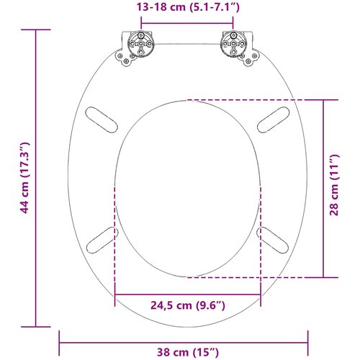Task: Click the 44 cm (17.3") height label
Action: pyautogui.click(x=24, y=178)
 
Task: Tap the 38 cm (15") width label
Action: pyautogui.click(x=188, y=352)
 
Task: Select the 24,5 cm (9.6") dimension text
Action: pyautogui.click(x=188, y=305)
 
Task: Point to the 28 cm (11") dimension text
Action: pyautogui.click(x=334, y=185)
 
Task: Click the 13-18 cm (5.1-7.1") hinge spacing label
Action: pyautogui.click(x=188, y=7)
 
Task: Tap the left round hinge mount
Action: pyautogui.click(x=140, y=44)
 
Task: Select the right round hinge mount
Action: pyautogui.click(x=233, y=44)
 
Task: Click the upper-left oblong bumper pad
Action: pyautogui.click(x=102, y=120)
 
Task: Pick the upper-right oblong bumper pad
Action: pyautogui.click(x=273, y=120)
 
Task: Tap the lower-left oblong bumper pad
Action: pyautogui.click(x=102, y=240)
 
